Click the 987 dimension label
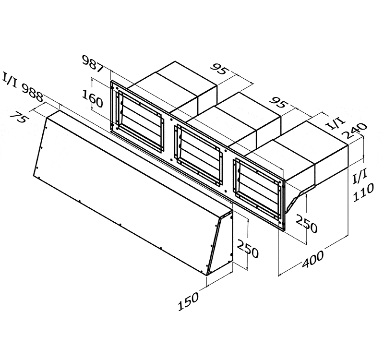tap(93, 64)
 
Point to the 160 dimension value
tap(92, 99)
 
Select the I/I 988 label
tap(23, 87)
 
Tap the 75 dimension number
tap(18, 117)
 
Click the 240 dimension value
tap(355, 131)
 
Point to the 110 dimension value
tap(363, 192)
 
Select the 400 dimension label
tap(312, 259)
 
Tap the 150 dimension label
tap(188, 302)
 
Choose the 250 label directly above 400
tap(306, 223)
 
